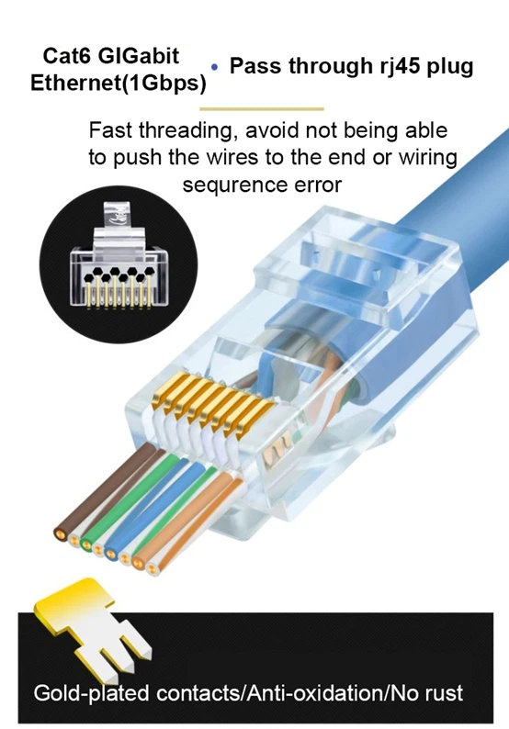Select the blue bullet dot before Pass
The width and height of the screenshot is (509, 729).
tap(215, 68)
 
